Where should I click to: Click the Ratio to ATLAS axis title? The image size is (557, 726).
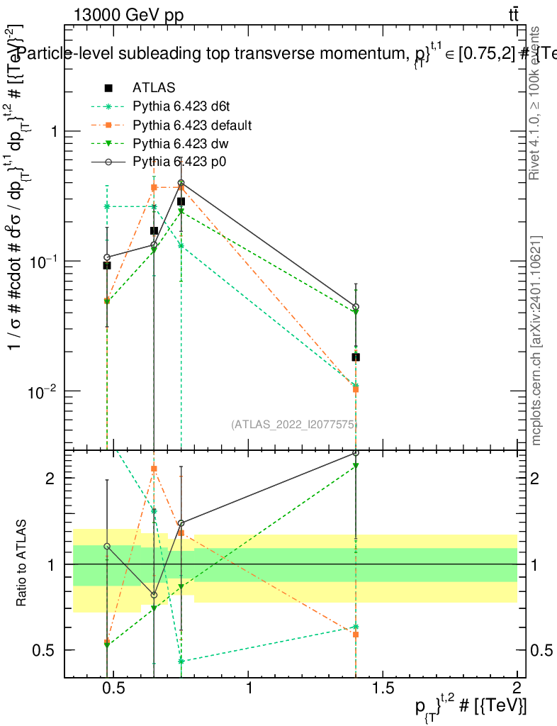click(x=22, y=564)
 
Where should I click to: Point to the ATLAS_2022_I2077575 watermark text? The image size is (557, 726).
click(x=293, y=425)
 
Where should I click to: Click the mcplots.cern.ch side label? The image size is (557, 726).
click(x=536, y=340)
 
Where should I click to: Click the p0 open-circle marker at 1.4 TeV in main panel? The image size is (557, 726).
click(x=356, y=307)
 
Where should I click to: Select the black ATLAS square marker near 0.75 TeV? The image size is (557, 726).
click(x=181, y=201)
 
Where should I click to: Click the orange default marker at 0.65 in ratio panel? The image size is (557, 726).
click(x=154, y=469)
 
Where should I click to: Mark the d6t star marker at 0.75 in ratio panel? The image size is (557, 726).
click(x=181, y=661)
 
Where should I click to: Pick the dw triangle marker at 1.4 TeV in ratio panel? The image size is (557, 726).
click(x=356, y=466)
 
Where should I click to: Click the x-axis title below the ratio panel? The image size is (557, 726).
click(x=471, y=705)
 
